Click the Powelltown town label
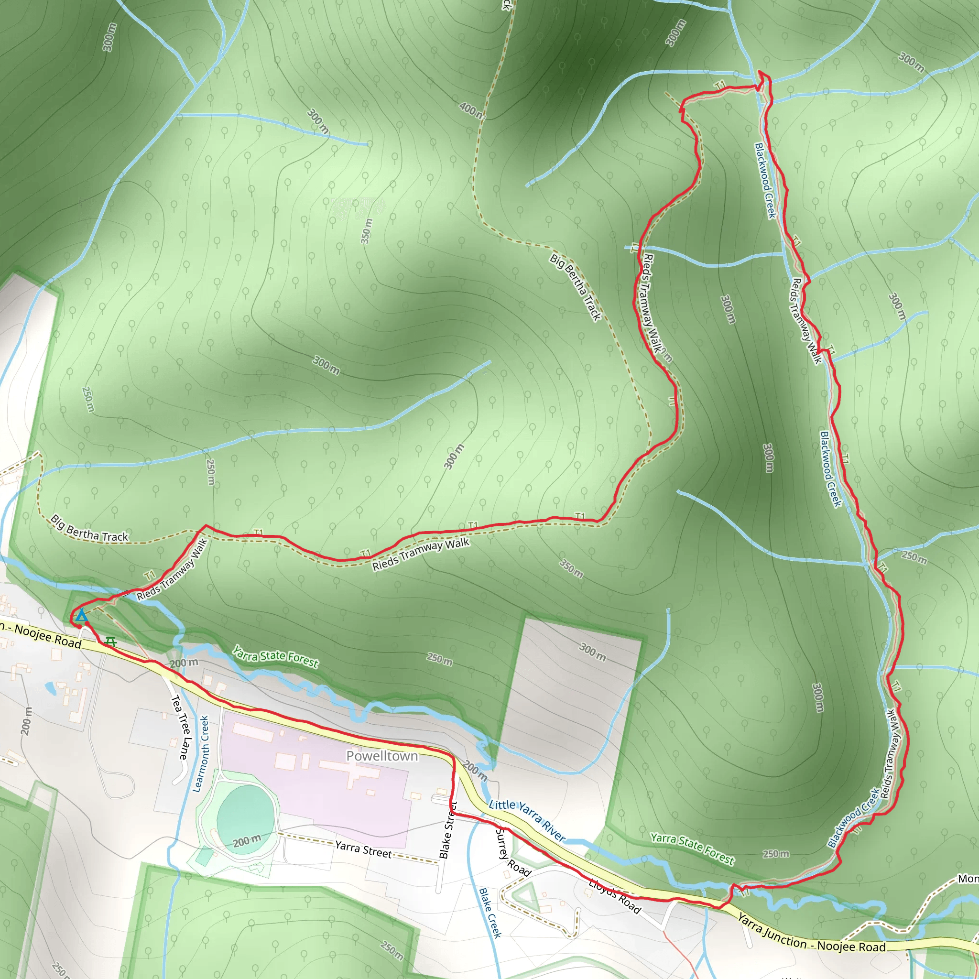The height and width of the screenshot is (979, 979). [x=382, y=756]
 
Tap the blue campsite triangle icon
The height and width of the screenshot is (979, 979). [x=81, y=616]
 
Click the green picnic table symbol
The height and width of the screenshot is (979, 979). [x=110, y=642]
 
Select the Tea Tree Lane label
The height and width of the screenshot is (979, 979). [x=180, y=727]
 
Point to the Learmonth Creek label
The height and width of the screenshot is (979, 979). [x=201, y=753]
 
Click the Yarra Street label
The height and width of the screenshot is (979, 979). [x=363, y=849]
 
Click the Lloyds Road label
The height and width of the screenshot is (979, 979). [x=615, y=896]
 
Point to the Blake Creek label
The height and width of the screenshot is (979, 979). [x=490, y=913]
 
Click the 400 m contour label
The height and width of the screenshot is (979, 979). [x=471, y=109]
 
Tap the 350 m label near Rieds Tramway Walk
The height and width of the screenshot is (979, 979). [x=571, y=568]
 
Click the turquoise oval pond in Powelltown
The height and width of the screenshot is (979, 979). [x=245, y=816]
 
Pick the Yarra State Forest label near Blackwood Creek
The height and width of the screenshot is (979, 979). [x=692, y=849]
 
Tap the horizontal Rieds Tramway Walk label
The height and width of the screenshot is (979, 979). [x=421, y=555]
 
